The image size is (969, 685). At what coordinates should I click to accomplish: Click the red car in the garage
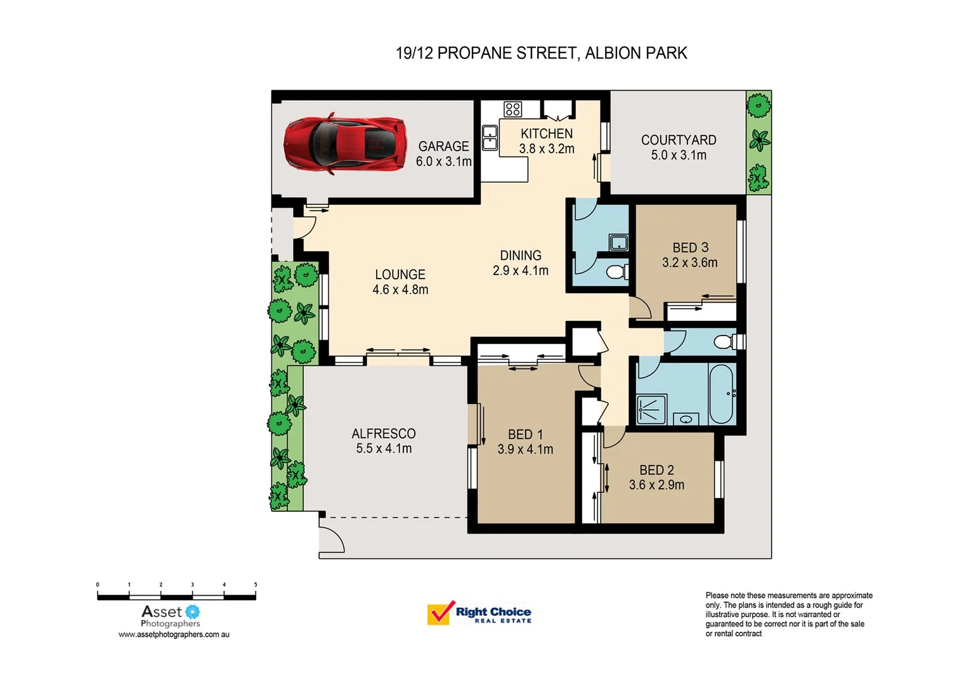click(344, 143)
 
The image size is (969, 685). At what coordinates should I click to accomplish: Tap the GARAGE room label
click(443, 147)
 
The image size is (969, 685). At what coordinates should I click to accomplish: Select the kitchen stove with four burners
click(512, 109)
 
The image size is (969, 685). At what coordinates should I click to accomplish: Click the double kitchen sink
click(490, 138)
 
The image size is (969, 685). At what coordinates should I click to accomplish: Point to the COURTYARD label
click(679, 140)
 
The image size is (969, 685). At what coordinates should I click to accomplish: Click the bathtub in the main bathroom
click(722, 393)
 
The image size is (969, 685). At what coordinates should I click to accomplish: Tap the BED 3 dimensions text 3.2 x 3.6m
click(690, 263)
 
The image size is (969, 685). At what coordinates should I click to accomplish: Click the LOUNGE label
click(400, 275)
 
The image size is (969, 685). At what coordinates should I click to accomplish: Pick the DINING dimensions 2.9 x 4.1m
click(521, 271)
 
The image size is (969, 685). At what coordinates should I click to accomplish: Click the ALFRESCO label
click(384, 434)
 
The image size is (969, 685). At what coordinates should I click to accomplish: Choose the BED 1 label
click(525, 434)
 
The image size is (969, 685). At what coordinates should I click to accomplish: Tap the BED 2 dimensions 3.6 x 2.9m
click(656, 485)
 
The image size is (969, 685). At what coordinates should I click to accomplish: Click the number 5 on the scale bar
click(256, 585)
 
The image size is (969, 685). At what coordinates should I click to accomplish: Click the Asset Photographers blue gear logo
click(192, 611)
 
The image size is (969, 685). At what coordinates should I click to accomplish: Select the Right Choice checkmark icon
click(440, 613)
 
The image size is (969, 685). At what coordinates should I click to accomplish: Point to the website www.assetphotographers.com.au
click(174, 634)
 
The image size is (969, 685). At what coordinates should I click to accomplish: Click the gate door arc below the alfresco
click(331, 538)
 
